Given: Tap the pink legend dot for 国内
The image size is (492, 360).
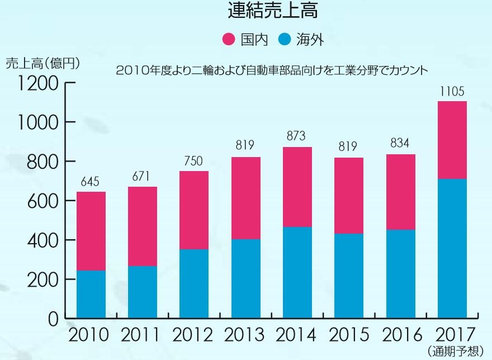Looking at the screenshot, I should (x=229, y=39).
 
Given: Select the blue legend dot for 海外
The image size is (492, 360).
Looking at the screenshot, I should (x=285, y=39).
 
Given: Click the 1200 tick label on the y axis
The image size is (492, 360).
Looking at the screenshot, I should (x=38, y=83).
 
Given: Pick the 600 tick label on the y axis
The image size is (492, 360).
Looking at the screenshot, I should (x=43, y=201).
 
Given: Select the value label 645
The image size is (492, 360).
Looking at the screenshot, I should (x=91, y=182).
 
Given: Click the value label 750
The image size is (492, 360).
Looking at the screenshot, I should (x=193, y=161).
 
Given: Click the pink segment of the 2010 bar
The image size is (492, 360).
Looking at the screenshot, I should (x=91, y=231).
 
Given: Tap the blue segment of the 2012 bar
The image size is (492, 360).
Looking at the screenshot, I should (x=193, y=284).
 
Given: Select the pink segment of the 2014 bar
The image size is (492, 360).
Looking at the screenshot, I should (x=297, y=187).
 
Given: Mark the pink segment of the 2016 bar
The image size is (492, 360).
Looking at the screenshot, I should (x=401, y=192).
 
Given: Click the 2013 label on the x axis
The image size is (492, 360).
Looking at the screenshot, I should (x=245, y=335).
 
